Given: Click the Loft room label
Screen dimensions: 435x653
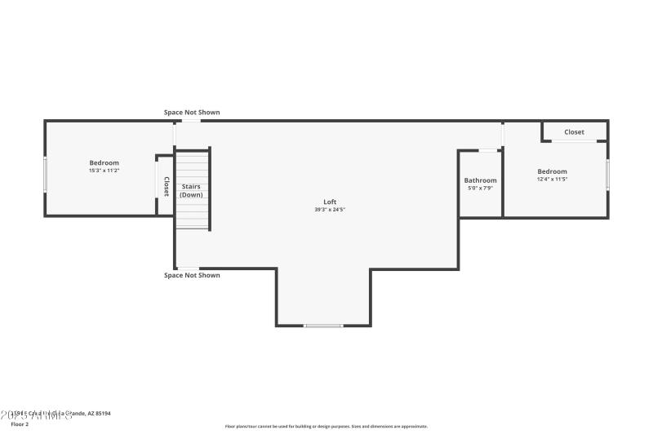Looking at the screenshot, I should coord(330,202).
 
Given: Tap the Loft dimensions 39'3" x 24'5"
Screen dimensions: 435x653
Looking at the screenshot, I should coord(330,210).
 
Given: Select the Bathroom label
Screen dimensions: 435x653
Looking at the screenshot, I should coord(480,180).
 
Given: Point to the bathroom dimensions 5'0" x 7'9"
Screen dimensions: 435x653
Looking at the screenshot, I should coord(480,188).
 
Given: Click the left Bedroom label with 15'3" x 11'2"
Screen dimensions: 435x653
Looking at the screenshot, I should coord(104,162).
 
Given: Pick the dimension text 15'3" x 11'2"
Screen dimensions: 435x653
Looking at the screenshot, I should coord(104,171).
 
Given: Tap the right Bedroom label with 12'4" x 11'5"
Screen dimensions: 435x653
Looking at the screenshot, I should coord(552,171).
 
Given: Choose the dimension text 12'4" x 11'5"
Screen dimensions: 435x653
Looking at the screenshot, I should coord(552,179).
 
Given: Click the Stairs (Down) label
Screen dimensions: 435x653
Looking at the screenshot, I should coord(191,191).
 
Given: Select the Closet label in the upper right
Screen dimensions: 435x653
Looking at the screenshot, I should coord(574,132).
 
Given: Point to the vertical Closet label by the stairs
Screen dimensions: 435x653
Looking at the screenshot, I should coord(167,187).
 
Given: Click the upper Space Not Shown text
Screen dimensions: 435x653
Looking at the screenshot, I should coord(192,113).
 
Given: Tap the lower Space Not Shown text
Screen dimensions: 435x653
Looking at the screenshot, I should coord(192,275).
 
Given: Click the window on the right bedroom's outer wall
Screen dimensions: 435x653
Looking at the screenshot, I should coord(607,174).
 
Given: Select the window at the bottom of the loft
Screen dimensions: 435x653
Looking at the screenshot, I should coord(323,326).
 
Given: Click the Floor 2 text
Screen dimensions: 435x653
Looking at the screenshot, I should coord(19,424).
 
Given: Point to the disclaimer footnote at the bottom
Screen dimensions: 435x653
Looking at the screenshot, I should coord(326,426).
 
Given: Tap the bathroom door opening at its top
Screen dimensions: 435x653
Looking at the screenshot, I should coord(489,150).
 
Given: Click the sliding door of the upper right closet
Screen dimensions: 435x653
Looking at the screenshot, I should coord(574,142).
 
